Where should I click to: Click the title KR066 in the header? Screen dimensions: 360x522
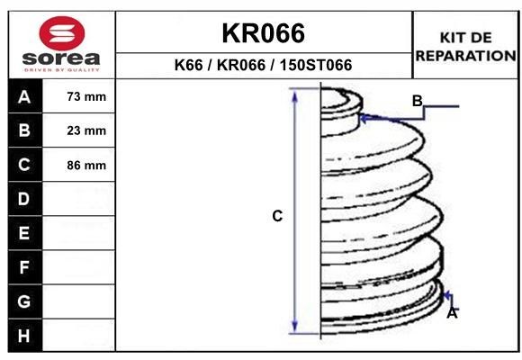[264, 33]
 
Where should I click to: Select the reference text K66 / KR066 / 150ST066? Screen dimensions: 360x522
[264, 66]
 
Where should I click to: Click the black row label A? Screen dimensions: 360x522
[24, 96]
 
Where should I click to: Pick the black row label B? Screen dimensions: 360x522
[24, 130]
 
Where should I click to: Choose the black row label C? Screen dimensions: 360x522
[24, 165]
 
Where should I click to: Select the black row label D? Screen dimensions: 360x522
[24, 199]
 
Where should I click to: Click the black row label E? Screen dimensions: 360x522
[24, 233]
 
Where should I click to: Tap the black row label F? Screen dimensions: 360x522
[24, 267]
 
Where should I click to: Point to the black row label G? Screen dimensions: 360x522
[24, 301]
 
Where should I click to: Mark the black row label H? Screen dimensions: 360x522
[24, 336]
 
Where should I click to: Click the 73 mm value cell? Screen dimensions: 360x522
[86, 96]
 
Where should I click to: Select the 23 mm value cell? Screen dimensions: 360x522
[86, 130]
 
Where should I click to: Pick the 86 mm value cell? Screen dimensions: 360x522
[86, 165]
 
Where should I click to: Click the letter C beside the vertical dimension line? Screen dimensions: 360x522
[278, 216]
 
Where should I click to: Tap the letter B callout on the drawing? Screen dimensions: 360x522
[417, 100]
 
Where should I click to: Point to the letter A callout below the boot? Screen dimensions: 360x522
[453, 314]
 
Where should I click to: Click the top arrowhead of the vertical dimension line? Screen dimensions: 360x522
[294, 94]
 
